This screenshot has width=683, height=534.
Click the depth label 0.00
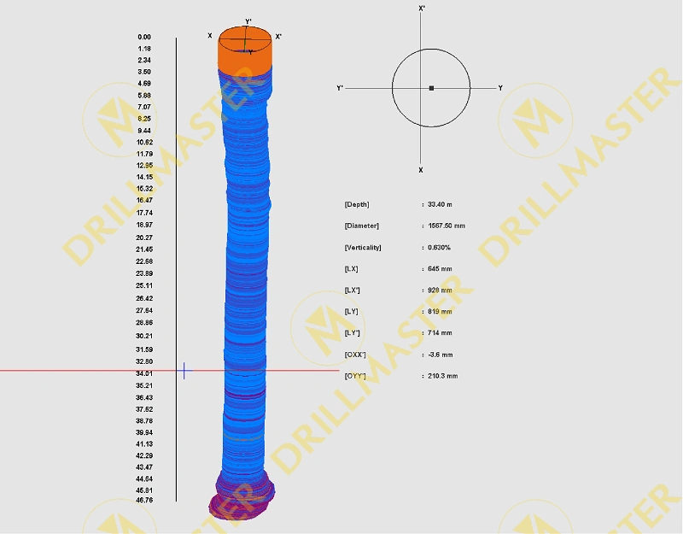point(144,38)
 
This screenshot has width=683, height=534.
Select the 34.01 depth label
point(144,373)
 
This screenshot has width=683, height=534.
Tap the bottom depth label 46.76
point(144,501)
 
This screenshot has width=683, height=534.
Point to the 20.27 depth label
point(144,238)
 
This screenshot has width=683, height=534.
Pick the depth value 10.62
point(144,142)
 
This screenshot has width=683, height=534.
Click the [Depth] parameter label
point(357,204)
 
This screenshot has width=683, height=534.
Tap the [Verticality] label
point(363,247)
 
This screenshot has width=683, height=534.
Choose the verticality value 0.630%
point(440,247)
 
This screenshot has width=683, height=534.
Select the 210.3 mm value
point(442,376)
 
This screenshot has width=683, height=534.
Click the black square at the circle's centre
point(431,88)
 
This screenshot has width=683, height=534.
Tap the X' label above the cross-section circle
point(422,8)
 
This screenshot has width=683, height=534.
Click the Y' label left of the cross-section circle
point(340,88)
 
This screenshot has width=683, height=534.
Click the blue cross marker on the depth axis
point(184,371)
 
